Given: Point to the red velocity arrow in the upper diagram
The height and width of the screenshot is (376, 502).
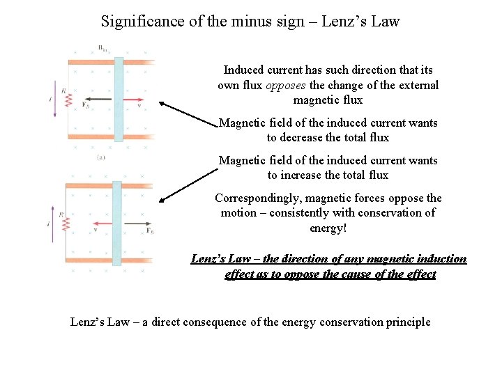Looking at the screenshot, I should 133,100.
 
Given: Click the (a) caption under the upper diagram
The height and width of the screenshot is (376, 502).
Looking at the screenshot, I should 100,158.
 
